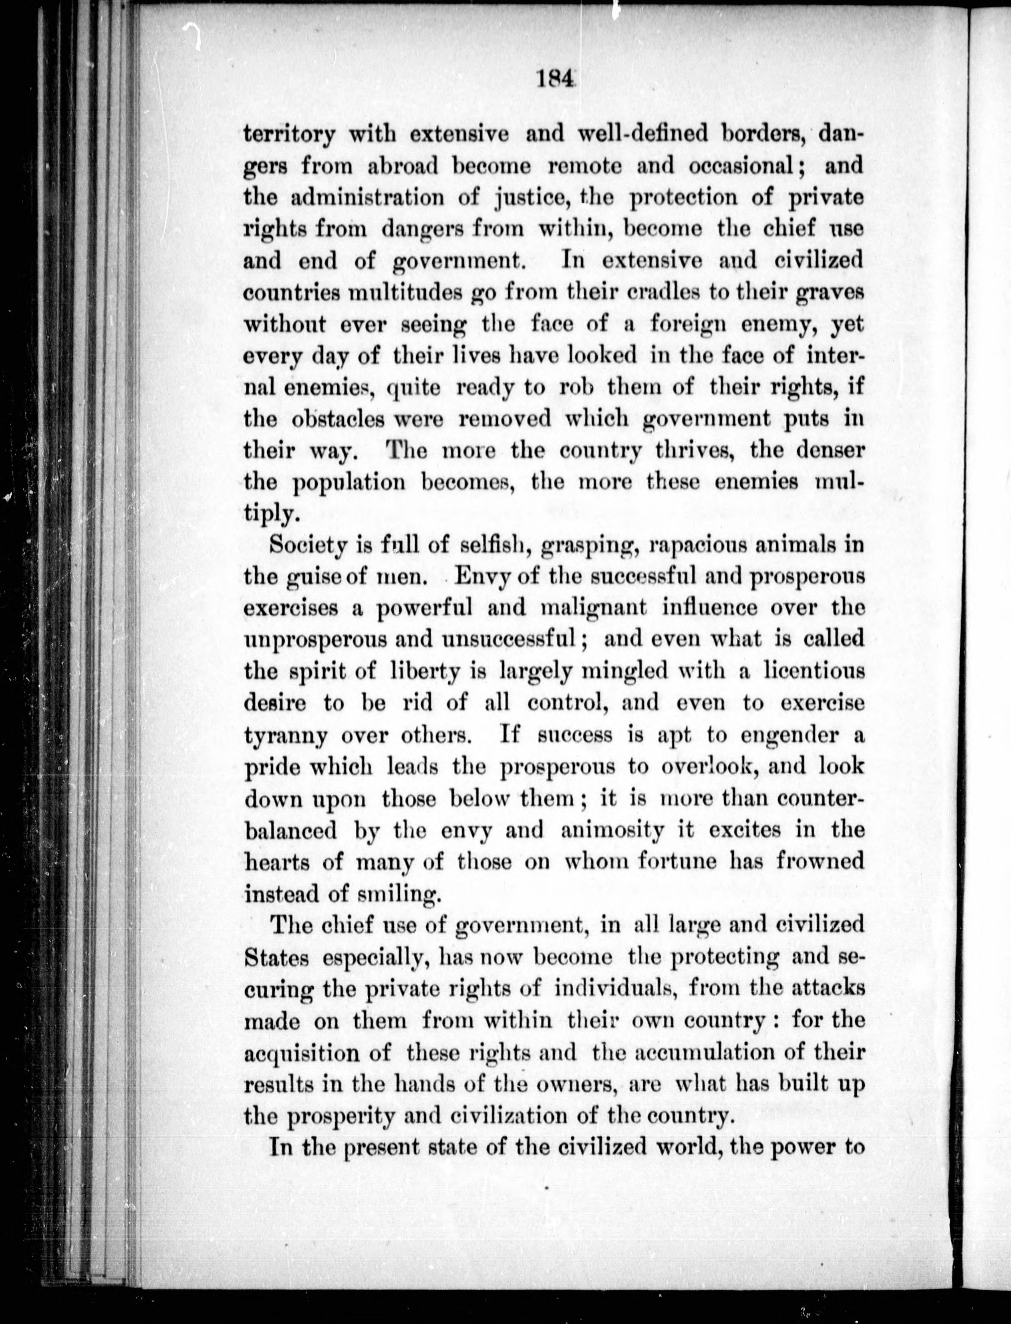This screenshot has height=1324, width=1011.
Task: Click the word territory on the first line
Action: tap(289, 134)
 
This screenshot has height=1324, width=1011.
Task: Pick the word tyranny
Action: tap(286, 735)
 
